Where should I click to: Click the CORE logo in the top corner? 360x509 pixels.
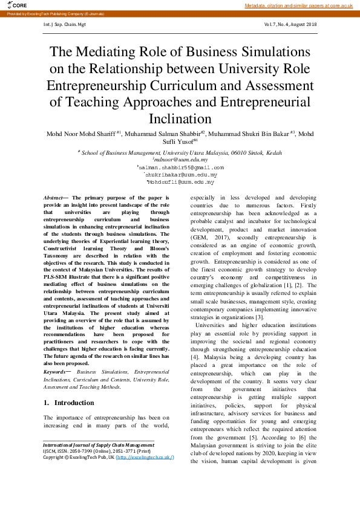(x=18, y=5)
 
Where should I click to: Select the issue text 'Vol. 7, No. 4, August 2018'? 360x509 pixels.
(x=290, y=25)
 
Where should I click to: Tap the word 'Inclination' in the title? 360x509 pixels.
(x=180, y=118)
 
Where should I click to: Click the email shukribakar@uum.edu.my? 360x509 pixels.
(x=180, y=174)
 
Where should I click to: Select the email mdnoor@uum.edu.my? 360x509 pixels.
(x=180, y=160)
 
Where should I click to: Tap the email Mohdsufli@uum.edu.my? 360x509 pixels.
(x=180, y=181)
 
